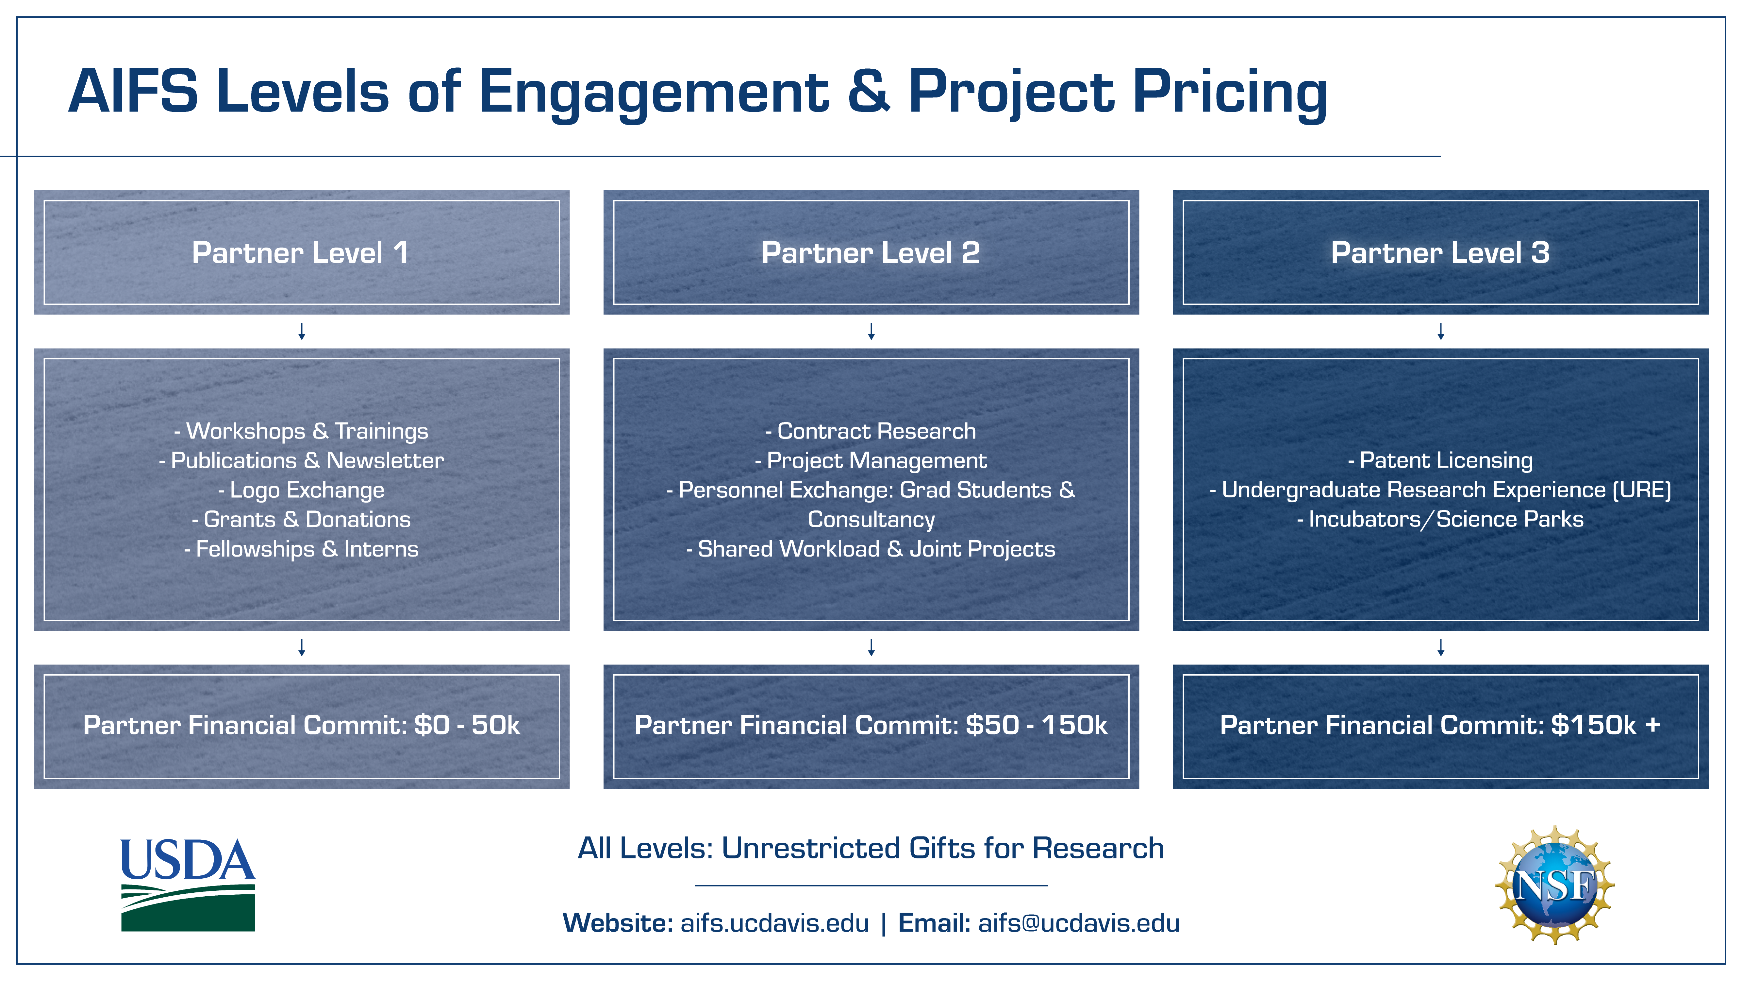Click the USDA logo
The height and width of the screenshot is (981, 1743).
pos(188,885)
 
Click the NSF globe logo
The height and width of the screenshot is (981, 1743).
pos(1555,885)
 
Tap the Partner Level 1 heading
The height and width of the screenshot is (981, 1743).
pos(300,252)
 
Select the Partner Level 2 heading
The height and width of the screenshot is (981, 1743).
pos(871,252)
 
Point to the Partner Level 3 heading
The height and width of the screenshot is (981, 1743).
pos(1440,252)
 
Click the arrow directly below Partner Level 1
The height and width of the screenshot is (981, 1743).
pos(302,331)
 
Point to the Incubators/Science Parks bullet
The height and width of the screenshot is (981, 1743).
pos(1440,519)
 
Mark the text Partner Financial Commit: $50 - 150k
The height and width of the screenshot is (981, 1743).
pos(871,725)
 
